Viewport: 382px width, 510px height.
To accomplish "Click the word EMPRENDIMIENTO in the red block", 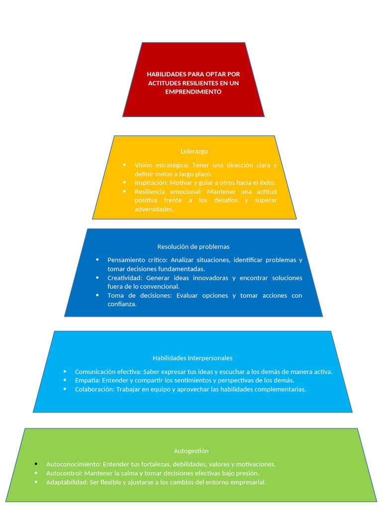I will pos(193,92).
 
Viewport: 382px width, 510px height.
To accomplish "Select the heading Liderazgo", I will pos(194,151).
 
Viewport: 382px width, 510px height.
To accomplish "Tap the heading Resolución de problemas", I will pos(193,247).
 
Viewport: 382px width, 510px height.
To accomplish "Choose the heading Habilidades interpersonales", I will pos(192,358).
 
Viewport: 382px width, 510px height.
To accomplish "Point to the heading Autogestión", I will pos(191,451).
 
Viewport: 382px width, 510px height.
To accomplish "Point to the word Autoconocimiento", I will pos(73,464).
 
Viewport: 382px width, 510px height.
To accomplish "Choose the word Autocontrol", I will pos(64,473).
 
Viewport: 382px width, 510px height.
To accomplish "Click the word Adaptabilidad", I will pos(67,482).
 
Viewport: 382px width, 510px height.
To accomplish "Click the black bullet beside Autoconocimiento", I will pos(36,464).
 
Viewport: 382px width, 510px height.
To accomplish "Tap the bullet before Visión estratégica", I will pos(124,165).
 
